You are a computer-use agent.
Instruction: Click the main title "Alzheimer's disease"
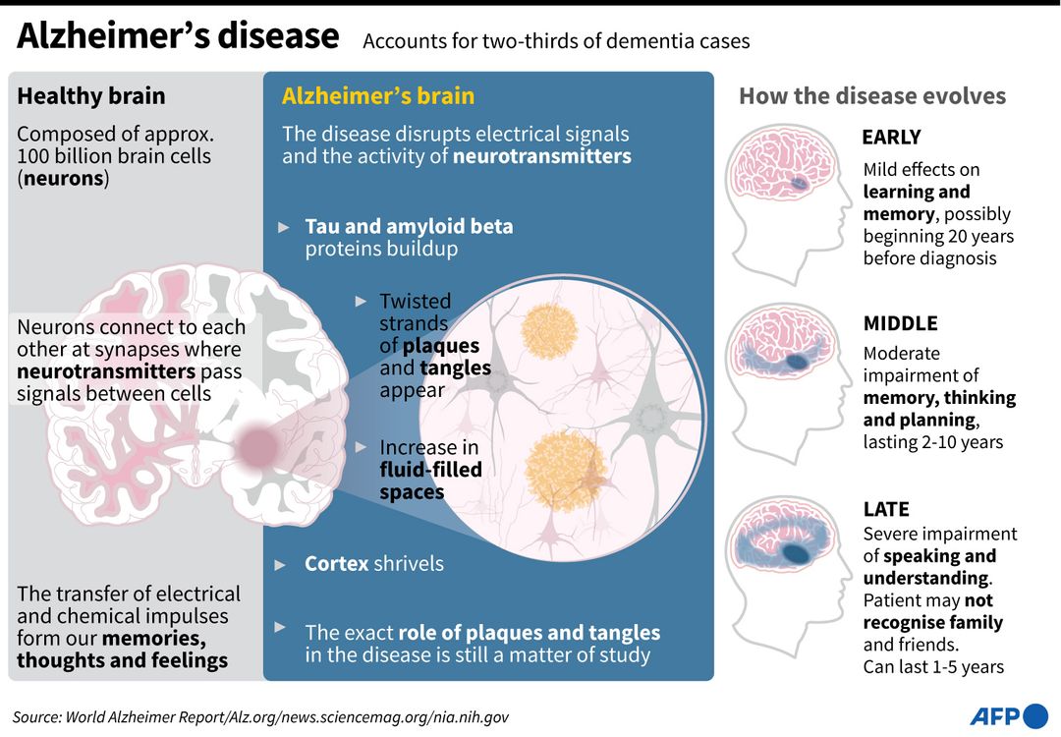pyautogui.click(x=178, y=37)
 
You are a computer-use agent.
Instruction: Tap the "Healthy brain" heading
pyautogui.click(x=91, y=96)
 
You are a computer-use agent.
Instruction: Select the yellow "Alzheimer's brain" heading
pyautogui.click(x=378, y=96)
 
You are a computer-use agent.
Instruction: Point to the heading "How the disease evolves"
pyautogui.click(x=872, y=96)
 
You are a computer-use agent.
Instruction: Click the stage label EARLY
pyautogui.click(x=891, y=138)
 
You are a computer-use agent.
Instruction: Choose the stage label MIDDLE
pyautogui.click(x=900, y=323)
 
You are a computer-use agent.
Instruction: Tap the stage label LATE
pyautogui.click(x=886, y=509)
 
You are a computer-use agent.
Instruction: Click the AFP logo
pyautogui.click(x=1009, y=715)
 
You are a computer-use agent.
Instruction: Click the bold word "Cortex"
pyautogui.click(x=337, y=564)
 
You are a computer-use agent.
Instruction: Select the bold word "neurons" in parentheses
pyautogui.click(x=66, y=179)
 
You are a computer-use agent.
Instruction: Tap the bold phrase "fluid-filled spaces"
pyautogui.click(x=430, y=481)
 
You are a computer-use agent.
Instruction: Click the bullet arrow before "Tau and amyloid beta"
pyautogui.click(x=284, y=227)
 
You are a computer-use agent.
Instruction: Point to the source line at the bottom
pyautogui.click(x=260, y=717)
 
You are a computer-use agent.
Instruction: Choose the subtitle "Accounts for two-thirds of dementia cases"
pyautogui.click(x=556, y=41)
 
